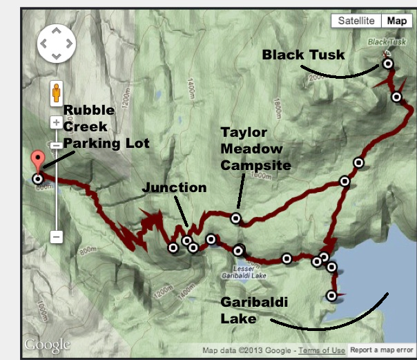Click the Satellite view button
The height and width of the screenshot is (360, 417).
pos(356,21)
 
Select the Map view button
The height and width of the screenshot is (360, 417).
pos(396,21)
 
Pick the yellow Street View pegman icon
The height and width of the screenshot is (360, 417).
pos(57,93)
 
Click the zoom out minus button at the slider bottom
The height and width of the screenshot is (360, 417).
pos(57,236)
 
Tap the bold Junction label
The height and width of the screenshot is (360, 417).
pos(174,188)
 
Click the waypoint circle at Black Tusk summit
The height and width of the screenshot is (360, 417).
pos(388,63)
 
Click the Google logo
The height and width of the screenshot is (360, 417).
pos(47,345)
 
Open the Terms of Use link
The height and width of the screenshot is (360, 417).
pos(322,350)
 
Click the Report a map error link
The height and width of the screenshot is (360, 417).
pos(382,350)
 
